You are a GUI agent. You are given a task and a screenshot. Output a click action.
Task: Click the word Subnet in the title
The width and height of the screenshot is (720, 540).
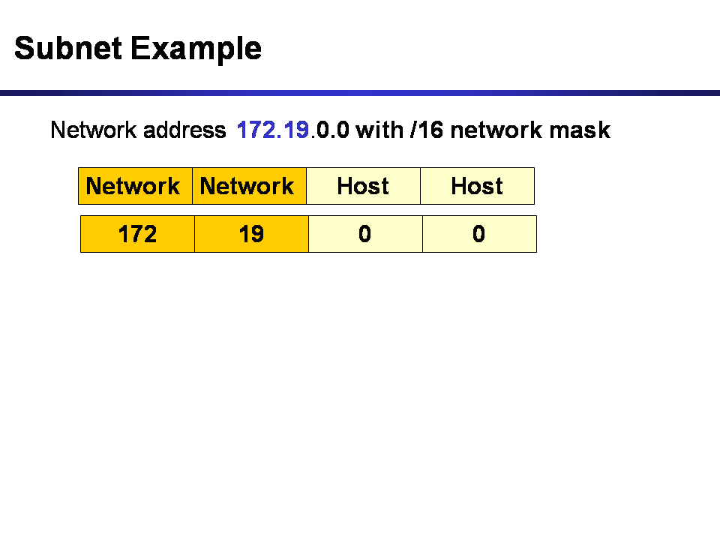tap(68, 49)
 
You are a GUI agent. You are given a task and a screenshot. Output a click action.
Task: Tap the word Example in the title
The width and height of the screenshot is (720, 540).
tap(196, 49)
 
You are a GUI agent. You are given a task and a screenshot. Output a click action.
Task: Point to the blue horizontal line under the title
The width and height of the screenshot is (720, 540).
tap(360, 93)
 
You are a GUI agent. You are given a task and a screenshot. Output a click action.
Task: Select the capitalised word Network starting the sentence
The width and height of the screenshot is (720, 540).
tap(94, 130)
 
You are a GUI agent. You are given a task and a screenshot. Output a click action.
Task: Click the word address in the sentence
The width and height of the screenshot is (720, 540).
tap(184, 130)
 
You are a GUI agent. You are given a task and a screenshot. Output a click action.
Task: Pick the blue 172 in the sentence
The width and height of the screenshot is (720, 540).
tap(253, 130)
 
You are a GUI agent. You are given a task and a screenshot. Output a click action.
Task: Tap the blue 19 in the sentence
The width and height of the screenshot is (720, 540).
tap(295, 130)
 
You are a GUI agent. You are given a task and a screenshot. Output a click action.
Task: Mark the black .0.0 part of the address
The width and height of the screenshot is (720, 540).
tap(330, 130)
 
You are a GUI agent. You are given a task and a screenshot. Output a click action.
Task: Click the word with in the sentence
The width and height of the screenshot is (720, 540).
tap(380, 130)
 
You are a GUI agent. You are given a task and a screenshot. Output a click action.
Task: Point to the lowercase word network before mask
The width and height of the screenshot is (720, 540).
tap(496, 130)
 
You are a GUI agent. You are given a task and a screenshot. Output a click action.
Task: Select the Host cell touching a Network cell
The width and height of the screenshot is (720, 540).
tap(363, 186)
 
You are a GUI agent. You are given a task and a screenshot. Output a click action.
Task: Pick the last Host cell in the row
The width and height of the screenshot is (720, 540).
tap(477, 186)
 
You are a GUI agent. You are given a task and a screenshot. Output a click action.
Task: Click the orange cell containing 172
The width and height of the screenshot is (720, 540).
tap(137, 234)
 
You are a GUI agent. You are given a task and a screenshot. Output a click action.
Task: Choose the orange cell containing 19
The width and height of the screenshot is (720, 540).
tap(251, 234)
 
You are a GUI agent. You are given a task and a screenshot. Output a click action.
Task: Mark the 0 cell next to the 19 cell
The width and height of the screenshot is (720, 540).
tap(365, 234)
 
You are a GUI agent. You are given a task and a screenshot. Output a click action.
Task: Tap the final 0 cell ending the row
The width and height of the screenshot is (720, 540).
tap(479, 234)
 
